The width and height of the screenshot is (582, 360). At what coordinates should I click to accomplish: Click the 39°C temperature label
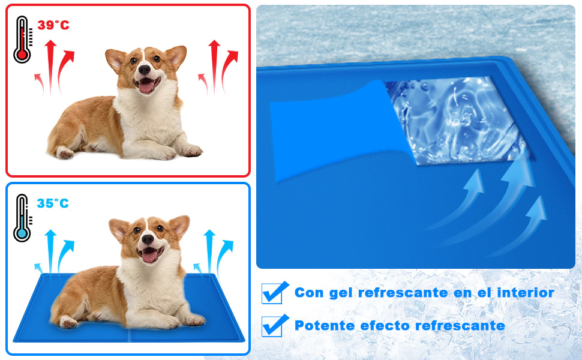53,25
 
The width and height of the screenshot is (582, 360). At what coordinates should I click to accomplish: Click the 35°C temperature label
53,203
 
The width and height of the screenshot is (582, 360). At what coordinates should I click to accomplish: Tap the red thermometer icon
22,40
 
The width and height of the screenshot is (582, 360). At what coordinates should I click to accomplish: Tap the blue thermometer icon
22,218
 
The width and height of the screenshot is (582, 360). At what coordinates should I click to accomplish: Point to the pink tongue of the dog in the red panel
146,88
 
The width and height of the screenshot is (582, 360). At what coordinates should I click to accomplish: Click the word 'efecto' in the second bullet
385,326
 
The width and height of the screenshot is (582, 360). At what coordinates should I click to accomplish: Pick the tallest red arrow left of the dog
50,66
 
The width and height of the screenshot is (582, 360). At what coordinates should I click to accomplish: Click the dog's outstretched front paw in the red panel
191,150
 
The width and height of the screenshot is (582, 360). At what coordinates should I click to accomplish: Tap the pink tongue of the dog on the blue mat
149,256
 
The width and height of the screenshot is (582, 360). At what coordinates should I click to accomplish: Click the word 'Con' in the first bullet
308,293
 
